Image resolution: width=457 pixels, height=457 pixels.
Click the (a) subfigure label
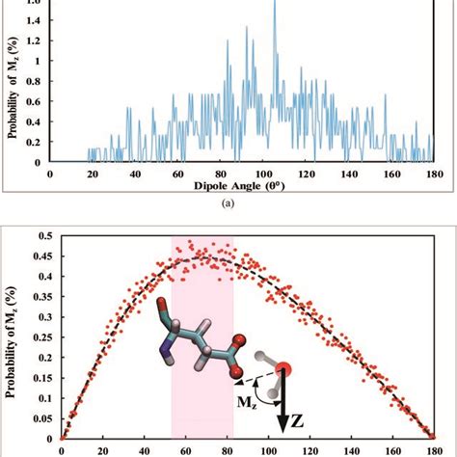[x=228, y=203]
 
